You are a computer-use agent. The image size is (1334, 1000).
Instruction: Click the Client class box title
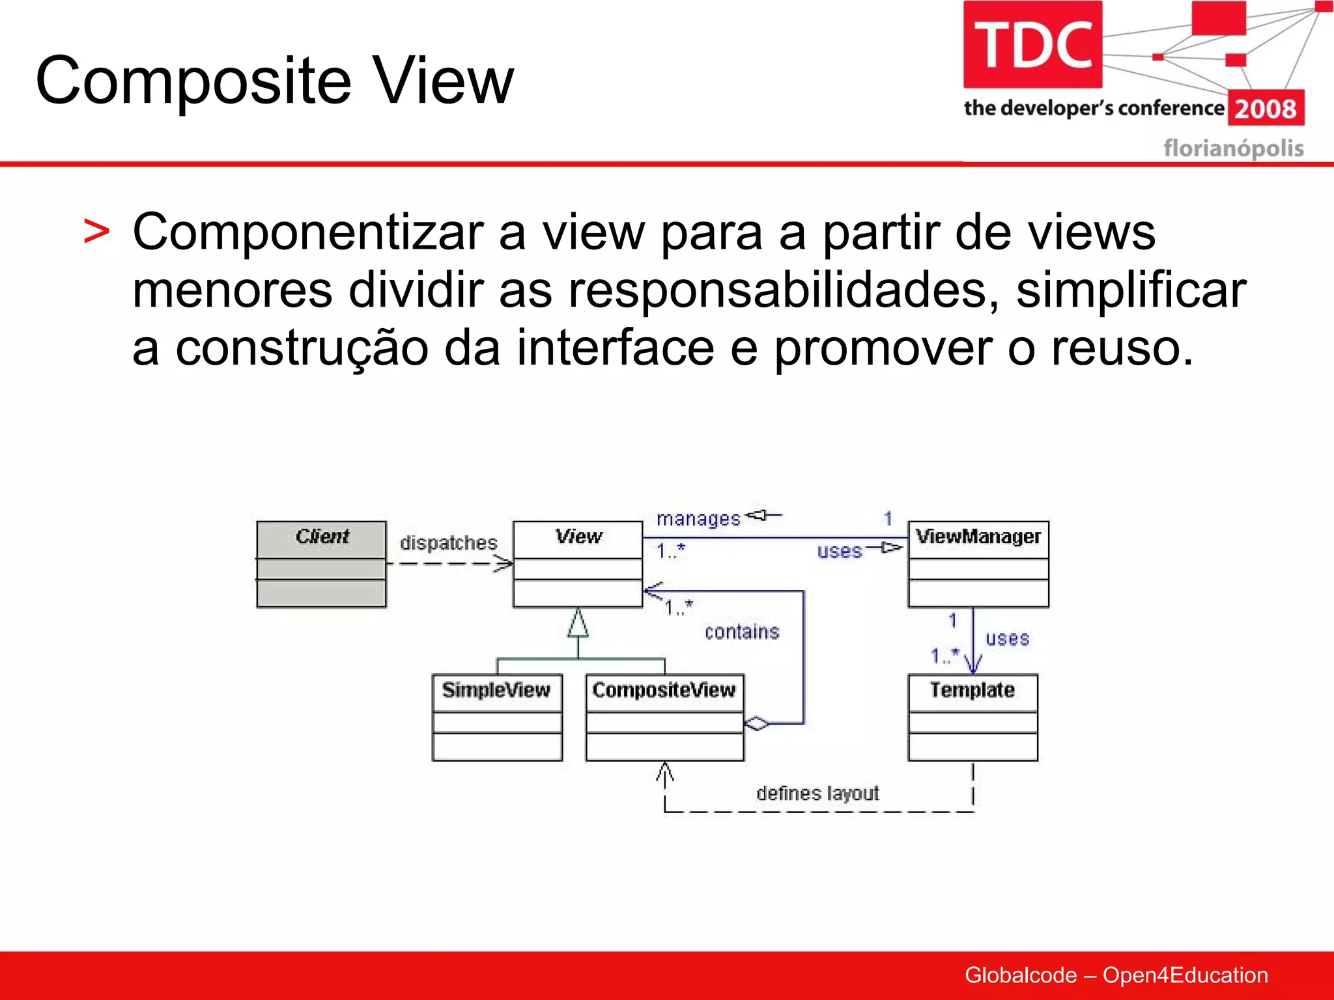[x=322, y=536]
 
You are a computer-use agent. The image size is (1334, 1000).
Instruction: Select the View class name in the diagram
[x=578, y=536]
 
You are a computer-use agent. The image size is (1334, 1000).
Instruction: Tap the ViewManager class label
[x=978, y=536]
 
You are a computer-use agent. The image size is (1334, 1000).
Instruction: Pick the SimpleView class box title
[x=496, y=690]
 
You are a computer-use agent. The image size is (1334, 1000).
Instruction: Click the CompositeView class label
[x=664, y=690]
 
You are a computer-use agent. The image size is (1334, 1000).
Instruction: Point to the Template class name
[x=972, y=690]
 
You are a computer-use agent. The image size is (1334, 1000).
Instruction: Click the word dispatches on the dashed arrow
[x=448, y=543]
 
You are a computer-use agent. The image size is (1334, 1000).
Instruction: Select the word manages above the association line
[x=698, y=519]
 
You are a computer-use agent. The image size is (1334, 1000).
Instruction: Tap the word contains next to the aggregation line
[x=742, y=632]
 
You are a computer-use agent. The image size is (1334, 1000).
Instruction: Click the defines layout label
[x=817, y=794]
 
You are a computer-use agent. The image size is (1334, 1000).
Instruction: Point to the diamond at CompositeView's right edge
[x=757, y=723]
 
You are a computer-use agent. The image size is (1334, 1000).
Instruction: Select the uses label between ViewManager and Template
[x=1007, y=639]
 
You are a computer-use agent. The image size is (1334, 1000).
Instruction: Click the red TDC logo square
[x=1032, y=44]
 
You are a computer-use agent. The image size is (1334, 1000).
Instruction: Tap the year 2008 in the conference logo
[x=1265, y=109]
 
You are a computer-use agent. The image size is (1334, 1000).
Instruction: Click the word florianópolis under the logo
[x=1233, y=148]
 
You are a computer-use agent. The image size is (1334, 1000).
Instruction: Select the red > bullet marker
[x=96, y=232]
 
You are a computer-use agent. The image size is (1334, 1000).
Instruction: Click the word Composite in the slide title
[x=193, y=81]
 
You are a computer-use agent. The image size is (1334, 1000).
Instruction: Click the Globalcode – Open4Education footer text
[x=1116, y=975]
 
